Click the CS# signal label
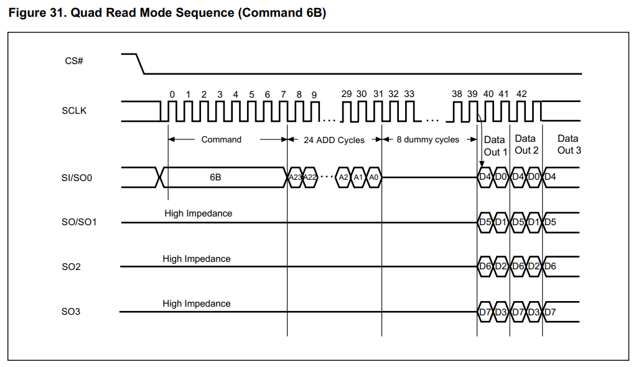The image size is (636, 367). (74, 62)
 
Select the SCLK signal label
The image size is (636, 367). (74, 111)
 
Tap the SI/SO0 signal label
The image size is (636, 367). (78, 177)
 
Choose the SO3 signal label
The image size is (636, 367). (71, 311)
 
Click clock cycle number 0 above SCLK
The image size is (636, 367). (172, 95)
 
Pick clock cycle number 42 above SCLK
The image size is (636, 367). (521, 94)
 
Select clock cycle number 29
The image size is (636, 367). (347, 94)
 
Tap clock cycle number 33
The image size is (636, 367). (409, 94)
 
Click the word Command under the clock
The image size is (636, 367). (221, 140)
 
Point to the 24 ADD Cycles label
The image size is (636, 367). (334, 140)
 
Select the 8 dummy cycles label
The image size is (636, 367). (428, 140)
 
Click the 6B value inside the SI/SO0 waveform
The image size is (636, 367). (215, 177)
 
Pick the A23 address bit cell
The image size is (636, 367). (294, 177)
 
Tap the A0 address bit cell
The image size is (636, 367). (373, 177)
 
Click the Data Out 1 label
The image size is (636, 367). (495, 146)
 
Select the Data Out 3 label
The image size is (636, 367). (568, 144)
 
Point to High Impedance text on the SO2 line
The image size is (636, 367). (197, 259)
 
